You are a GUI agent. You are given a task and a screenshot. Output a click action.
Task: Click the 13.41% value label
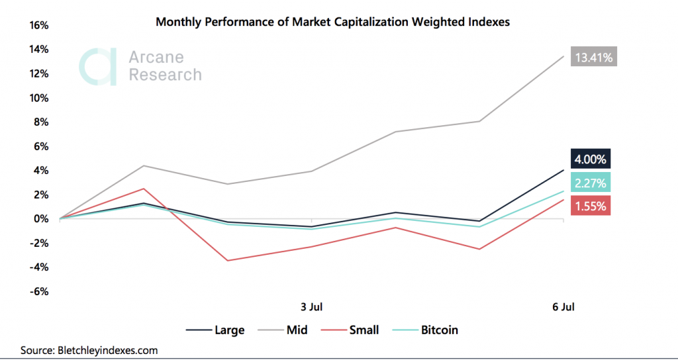(x=595, y=58)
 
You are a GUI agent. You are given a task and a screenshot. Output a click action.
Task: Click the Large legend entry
(x=215, y=330)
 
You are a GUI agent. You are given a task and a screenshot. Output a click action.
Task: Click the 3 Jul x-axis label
(x=311, y=307)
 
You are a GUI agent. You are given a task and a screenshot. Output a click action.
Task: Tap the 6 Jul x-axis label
(x=563, y=307)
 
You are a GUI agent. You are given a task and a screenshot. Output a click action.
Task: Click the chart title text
(x=332, y=22)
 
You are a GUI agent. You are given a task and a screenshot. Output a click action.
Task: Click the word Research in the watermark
(x=165, y=75)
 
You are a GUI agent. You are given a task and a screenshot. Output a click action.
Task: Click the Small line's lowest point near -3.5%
(x=228, y=261)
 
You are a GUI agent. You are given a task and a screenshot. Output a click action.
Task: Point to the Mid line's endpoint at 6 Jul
(x=563, y=56)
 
